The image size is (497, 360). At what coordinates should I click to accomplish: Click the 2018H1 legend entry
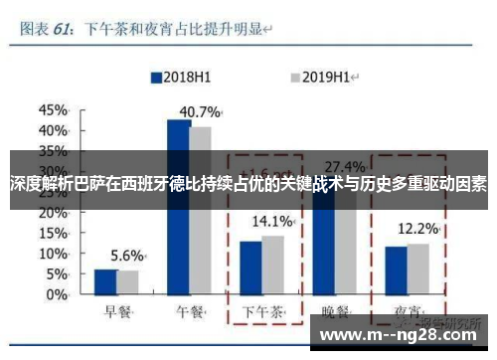pyautogui.click(x=182, y=76)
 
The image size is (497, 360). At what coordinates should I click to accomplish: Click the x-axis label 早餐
pyautogui.click(x=116, y=310)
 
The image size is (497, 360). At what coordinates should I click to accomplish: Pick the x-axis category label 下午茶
pyautogui.click(x=261, y=310)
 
